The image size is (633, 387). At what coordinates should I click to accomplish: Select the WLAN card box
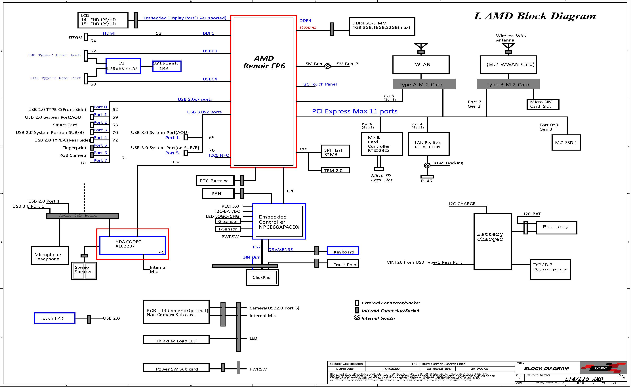(421, 64)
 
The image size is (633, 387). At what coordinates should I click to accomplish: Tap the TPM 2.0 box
(335, 170)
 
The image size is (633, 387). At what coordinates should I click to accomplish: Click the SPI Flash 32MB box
(335, 152)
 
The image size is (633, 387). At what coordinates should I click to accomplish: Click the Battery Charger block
(493, 242)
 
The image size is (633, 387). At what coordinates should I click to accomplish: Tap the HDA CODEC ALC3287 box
(132, 245)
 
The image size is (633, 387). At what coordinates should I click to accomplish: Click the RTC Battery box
(215, 181)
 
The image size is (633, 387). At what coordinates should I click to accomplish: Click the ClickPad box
(262, 277)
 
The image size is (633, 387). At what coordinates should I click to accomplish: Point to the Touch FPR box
(54, 318)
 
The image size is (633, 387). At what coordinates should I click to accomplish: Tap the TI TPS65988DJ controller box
(123, 66)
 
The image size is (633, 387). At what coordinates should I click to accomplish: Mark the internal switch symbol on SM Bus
(327, 66)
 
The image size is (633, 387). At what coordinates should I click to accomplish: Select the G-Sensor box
(228, 221)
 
